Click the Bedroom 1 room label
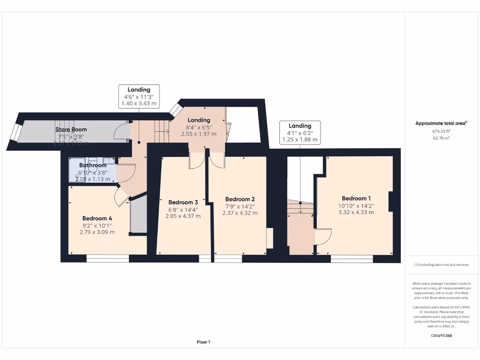point(357,198)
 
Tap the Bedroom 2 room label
point(240,199)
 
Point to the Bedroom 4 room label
point(97,218)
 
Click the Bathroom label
point(92,165)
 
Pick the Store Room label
point(71,129)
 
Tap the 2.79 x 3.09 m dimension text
point(98,232)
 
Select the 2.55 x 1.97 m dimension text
point(199,134)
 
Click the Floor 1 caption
point(203,342)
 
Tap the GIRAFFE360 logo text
point(441,336)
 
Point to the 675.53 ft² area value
point(441,132)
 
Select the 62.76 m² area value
point(441,138)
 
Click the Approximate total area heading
point(441,123)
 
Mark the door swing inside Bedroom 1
point(323,237)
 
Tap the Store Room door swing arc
point(121,132)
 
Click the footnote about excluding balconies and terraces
point(441,265)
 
